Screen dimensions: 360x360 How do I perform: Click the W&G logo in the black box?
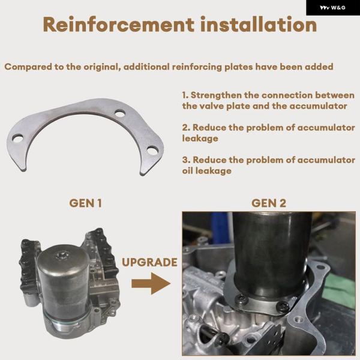tap(332, 8)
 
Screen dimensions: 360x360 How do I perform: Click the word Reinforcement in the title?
tap(118, 25)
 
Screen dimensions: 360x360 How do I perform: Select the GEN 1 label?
tap(85, 203)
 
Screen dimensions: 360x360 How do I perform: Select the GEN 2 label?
tap(269, 203)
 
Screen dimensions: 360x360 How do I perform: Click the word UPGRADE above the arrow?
tap(149, 262)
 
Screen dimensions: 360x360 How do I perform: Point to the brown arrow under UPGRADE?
tap(151, 284)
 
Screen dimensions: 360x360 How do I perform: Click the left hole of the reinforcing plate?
tap(17, 139)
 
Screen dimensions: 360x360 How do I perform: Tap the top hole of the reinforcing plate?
tap(120, 113)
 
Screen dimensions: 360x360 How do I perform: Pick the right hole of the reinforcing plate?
tap(152, 151)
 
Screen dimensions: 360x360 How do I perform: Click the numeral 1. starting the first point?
tap(185, 95)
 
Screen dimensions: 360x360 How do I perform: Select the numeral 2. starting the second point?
tap(186, 127)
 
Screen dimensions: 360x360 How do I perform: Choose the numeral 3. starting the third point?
tap(186, 160)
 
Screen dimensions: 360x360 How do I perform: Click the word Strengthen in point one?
tap(216, 95)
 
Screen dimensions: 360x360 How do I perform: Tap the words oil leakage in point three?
tap(207, 170)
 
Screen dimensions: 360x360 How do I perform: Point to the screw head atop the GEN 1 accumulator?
tap(62, 256)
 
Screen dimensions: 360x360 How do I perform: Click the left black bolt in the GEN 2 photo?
tap(242, 299)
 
